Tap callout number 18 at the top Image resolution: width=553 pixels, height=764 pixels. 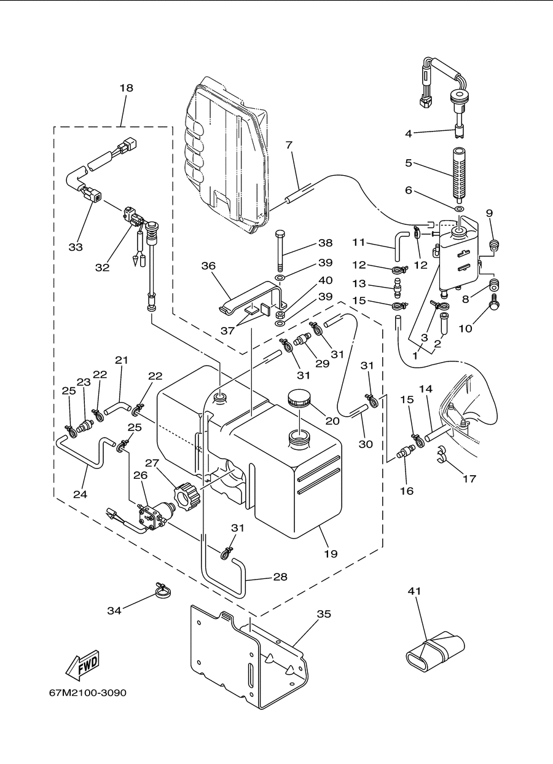point(126,88)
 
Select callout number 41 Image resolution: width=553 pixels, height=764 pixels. point(414,591)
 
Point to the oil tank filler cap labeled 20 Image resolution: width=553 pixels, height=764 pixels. point(299,398)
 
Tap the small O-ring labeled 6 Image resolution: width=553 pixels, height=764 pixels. point(459,208)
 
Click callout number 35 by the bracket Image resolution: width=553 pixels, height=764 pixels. point(324,614)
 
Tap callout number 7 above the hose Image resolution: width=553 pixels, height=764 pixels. point(289,145)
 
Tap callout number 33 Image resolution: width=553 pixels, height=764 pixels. point(76,247)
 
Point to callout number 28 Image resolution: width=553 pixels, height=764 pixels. point(280,577)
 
